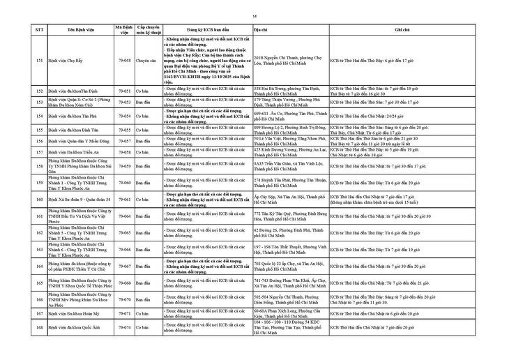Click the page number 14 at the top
coord(255,13)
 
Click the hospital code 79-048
coord(125,61)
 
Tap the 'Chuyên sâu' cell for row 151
coord(146,61)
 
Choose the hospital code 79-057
coord(125,141)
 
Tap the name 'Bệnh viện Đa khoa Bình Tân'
coord(73,130)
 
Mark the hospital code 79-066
coord(125,249)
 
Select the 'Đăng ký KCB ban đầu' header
coord(206,31)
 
